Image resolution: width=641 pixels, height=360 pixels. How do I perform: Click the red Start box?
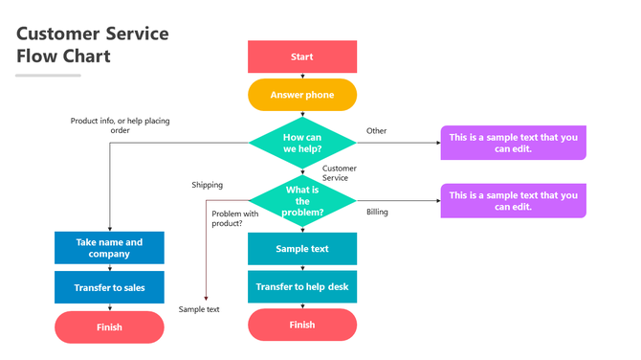pyautogui.click(x=302, y=56)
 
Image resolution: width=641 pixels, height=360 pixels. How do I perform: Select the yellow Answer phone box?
pyautogui.click(x=302, y=95)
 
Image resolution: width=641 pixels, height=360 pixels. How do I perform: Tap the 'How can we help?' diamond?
pyautogui.click(x=302, y=143)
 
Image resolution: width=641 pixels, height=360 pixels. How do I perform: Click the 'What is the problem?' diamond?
pyautogui.click(x=302, y=200)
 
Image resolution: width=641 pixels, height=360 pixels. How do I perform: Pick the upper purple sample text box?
pyautogui.click(x=513, y=144)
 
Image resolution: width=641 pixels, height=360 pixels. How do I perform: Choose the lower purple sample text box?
pyautogui.click(x=513, y=201)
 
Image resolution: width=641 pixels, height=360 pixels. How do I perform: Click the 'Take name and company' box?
pyautogui.click(x=109, y=248)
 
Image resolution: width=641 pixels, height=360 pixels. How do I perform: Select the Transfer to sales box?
pyautogui.click(x=109, y=287)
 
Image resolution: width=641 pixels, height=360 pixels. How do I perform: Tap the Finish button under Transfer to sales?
pyautogui.click(x=109, y=326)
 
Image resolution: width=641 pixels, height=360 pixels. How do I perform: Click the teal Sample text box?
pyautogui.click(x=302, y=249)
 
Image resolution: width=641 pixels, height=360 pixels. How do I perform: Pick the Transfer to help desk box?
pyautogui.click(x=302, y=287)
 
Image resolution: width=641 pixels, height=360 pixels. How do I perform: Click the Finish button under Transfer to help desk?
pyautogui.click(x=302, y=325)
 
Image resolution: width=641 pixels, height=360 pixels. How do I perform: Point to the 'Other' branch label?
pyautogui.click(x=377, y=130)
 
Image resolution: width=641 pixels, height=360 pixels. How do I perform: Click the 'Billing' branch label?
pyautogui.click(x=377, y=212)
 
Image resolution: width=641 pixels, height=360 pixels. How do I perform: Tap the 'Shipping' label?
pyautogui.click(x=207, y=185)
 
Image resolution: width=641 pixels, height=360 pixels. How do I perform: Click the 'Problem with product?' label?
pyautogui.click(x=235, y=218)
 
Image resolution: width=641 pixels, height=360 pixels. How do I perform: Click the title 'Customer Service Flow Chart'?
pyautogui.click(x=92, y=45)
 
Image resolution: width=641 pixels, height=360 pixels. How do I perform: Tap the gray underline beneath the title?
pyautogui.click(x=49, y=75)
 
